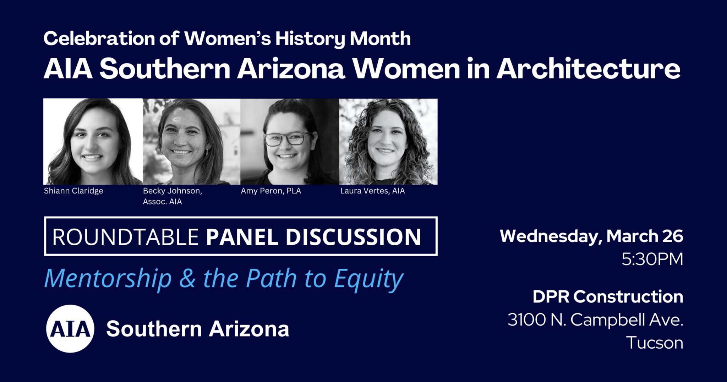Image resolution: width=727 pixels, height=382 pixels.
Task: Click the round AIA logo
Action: click(x=70, y=328)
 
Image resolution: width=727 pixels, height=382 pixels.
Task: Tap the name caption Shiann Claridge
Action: click(x=73, y=191)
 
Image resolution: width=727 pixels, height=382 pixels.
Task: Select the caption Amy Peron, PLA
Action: click(x=271, y=191)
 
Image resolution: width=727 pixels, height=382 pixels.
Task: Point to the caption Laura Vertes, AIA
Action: click(x=372, y=191)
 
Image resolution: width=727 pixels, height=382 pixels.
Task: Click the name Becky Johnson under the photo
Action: click(x=172, y=191)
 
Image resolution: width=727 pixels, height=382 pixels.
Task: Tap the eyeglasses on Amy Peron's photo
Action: click(x=287, y=138)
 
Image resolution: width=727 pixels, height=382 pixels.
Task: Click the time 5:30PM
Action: click(x=652, y=259)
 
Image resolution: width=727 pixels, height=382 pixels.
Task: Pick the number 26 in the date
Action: click(x=673, y=236)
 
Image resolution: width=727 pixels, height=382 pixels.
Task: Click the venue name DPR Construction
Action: click(x=608, y=296)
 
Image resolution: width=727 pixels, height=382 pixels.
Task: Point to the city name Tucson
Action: click(x=655, y=343)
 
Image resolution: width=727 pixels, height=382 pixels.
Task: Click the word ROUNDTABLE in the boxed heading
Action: click(x=125, y=237)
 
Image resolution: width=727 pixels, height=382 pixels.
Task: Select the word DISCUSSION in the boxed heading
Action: click(x=353, y=237)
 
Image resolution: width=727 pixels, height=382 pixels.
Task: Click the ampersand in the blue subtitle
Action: click(x=187, y=278)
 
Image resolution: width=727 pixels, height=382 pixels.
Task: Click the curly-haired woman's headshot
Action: click(x=388, y=141)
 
